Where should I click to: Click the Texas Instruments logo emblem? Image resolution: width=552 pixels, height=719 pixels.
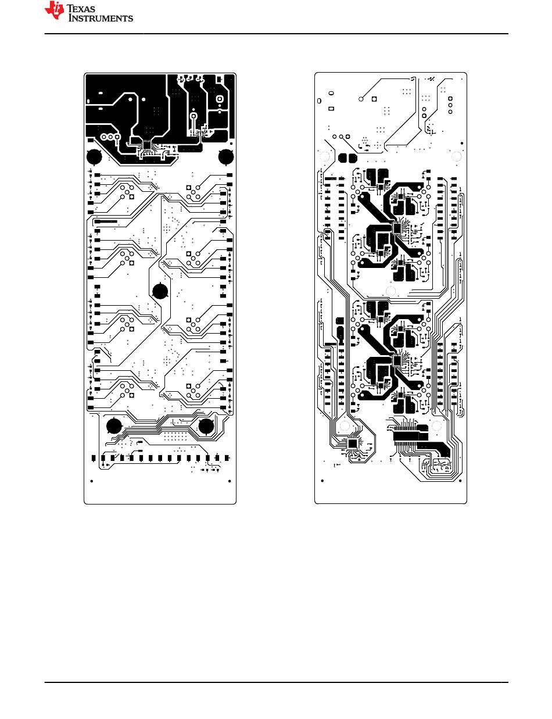56,11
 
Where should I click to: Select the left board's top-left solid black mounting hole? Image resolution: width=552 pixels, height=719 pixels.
94,156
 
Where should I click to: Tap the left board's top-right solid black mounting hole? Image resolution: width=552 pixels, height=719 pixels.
225,156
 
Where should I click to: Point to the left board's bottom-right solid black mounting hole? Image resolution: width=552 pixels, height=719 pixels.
206,426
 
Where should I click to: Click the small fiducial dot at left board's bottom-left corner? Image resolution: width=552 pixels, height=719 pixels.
92,481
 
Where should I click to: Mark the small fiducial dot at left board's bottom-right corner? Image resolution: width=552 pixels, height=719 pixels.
230,481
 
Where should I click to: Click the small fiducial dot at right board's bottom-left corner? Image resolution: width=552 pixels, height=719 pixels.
322,481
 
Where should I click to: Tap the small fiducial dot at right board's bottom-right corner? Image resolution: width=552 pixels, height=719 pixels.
460,481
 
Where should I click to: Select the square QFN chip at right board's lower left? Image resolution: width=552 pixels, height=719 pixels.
353,444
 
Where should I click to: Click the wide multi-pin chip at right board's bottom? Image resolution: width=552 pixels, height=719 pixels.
406,434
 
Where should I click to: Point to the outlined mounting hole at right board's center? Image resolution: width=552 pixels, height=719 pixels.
390,292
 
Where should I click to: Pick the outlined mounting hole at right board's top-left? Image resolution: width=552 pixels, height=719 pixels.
325,157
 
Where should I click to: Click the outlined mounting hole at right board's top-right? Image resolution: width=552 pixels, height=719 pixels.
456,157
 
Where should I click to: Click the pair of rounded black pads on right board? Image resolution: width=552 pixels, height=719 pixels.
347,158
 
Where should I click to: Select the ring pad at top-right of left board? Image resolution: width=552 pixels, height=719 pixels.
220,100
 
